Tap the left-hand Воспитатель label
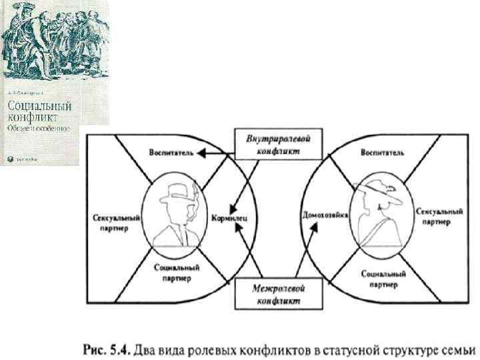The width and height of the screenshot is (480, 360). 171,153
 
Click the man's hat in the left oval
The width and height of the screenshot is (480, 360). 177,191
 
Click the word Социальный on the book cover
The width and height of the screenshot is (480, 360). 39,106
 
